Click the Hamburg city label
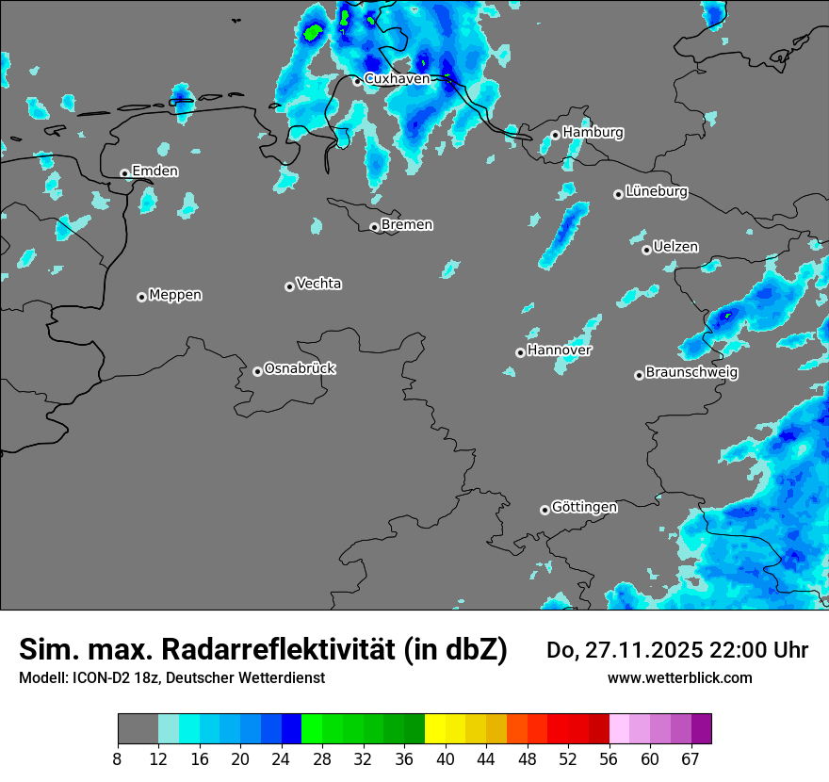593,133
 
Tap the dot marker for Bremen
374,227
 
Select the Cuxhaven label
397,79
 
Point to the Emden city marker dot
124,173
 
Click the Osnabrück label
300,368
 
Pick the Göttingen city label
584,507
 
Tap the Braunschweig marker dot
639,375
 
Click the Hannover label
559,350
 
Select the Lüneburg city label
656,191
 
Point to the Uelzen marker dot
646,250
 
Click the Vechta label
318,284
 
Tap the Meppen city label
175,295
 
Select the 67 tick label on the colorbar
691,758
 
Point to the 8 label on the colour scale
118,758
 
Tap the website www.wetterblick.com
679,677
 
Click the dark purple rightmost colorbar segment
701,729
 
